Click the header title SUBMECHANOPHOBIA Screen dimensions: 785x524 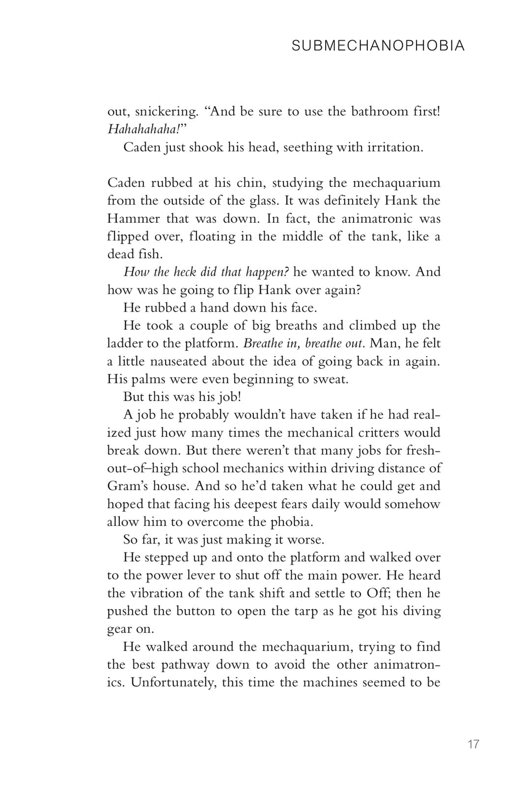[378, 46]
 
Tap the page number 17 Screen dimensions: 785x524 [473, 744]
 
